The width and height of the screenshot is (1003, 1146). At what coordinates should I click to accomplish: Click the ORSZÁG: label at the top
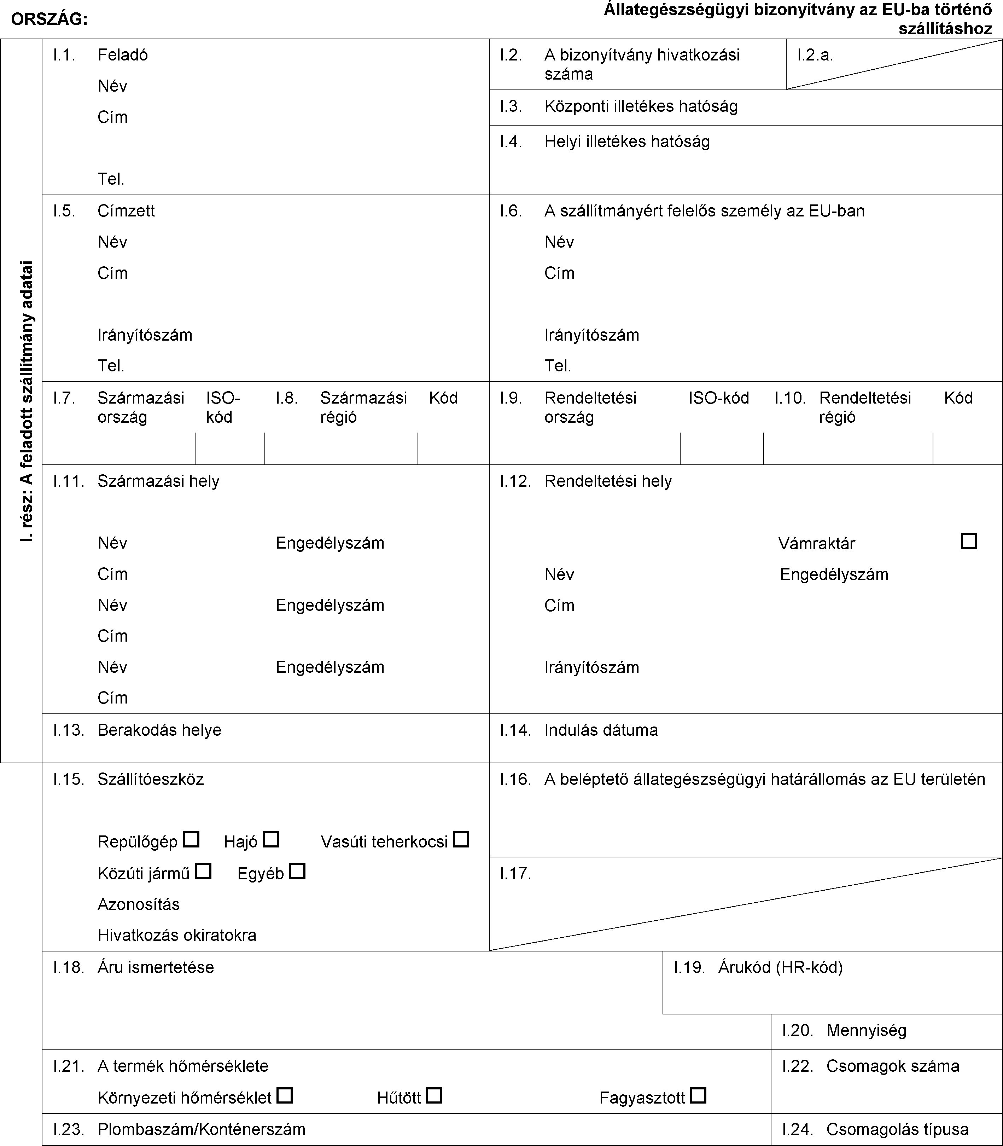[x=49, y=19]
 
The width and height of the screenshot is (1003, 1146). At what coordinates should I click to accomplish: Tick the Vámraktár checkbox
[x=969, y=542]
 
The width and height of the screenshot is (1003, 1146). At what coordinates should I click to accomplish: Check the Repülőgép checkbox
[x=191, y=840]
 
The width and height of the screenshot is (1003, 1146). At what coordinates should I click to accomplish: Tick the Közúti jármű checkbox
[x=204, y=871]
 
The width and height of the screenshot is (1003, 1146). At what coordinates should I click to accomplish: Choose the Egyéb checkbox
[x=298, y=871]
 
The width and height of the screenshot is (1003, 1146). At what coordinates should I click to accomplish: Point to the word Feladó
[x=123, y=55]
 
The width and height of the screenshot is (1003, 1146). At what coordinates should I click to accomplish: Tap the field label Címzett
[x=126, y=211]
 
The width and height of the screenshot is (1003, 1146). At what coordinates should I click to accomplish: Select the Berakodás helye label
[x=159, y=730]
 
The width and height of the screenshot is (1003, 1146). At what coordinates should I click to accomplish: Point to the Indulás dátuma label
[x=601, y=730]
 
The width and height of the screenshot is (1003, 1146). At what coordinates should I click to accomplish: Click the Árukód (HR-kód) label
[x=780, y=967]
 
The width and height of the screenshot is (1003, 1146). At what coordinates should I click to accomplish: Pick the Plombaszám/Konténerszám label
[x=202, y=1129]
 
